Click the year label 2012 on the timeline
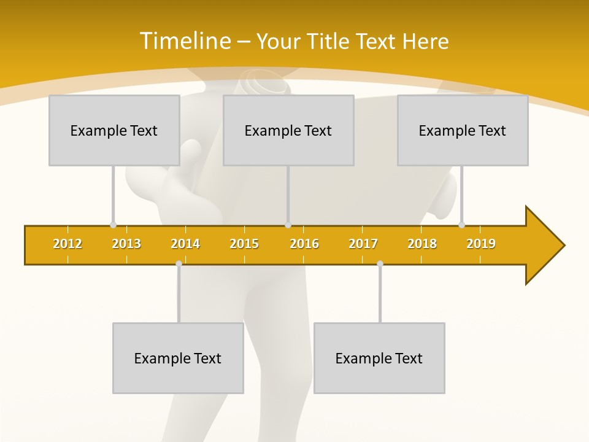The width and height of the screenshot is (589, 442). coord(67,244)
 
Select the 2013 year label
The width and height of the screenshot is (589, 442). coord(126,244)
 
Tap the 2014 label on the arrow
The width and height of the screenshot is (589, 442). coord(185,244)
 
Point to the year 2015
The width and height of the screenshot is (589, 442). coord(244,244)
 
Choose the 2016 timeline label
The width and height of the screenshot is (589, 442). coord(304,244)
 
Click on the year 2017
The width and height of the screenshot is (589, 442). coord(363,244)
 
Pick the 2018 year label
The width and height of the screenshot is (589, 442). coord(422,244)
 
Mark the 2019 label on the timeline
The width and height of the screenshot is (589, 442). coord(481,244)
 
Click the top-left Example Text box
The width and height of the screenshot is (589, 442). coord(114,130)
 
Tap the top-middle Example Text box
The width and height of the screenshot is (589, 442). coord(288,130)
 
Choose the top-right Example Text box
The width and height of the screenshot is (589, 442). coord(463,130)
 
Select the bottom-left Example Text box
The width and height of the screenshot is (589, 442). coord(178,358)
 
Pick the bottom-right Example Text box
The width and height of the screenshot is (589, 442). coord(379,358)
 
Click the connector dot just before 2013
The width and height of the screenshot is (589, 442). coord(113,225)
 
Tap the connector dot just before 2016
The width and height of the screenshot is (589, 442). coord(288,225)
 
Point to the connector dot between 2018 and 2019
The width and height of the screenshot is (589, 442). coord(461,225)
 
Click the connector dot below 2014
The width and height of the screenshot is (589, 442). coord(179,263)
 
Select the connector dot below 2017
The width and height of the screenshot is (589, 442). coord(380,263)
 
